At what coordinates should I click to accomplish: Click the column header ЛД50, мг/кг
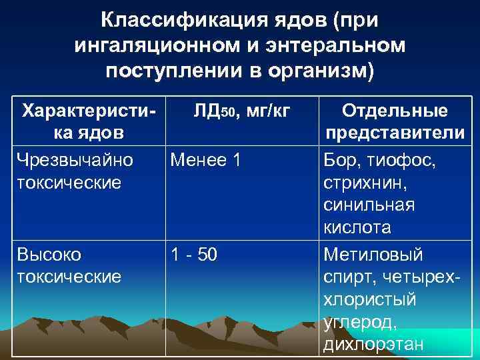[241, 111]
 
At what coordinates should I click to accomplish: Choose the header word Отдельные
[395, 111]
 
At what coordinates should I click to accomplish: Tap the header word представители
[395, 134]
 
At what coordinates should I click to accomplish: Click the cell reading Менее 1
[205, 160]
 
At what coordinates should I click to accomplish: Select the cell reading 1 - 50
[194, 255]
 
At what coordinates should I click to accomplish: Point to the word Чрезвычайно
[75, 160]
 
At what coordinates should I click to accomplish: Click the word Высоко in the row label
[49, 255]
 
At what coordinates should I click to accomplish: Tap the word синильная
[369, 205]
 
